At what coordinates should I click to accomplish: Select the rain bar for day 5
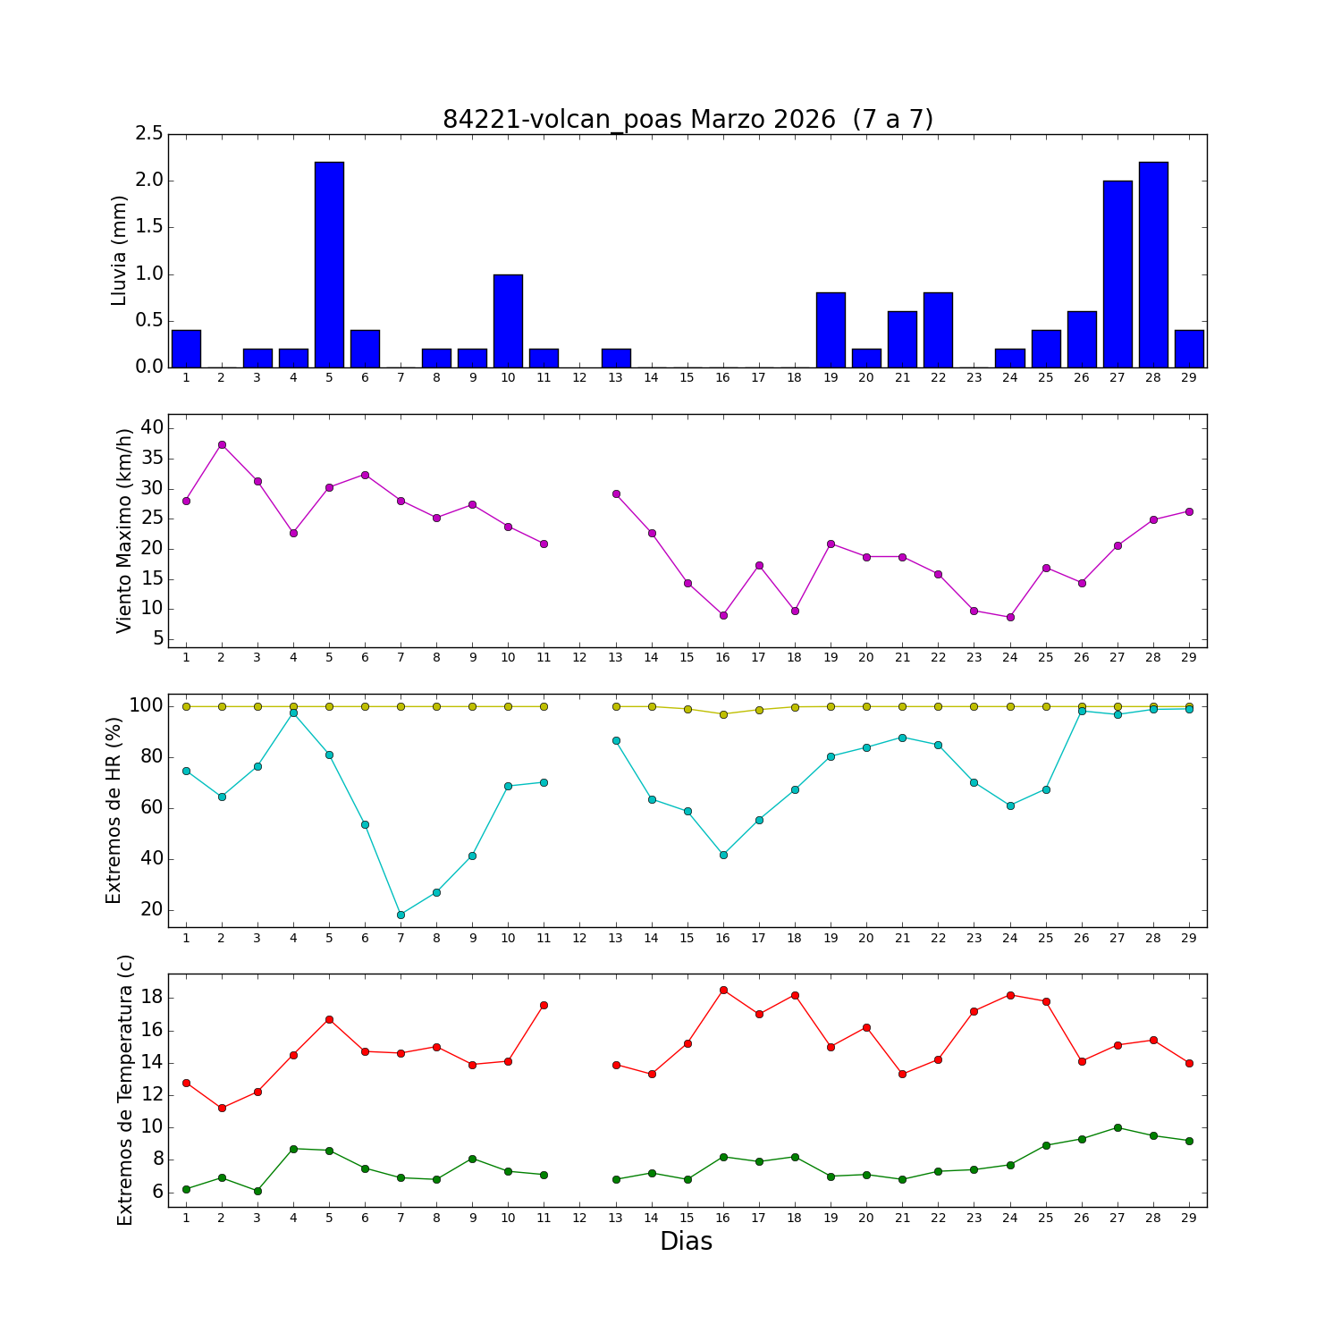(329, 265)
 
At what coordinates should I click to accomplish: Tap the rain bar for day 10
(508, 321)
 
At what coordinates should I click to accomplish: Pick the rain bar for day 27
(1117, 274)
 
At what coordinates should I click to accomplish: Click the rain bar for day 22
(938, 330)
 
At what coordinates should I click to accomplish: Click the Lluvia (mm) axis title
(120, 250)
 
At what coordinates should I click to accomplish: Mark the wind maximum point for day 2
(222, 444)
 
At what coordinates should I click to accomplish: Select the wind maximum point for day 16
(723, 615)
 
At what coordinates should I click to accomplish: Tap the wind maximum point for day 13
(616, 493)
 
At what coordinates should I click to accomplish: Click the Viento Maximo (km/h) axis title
(124, 531)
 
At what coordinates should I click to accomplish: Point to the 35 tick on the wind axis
(152, 459)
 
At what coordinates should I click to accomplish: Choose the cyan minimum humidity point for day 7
(401, 915)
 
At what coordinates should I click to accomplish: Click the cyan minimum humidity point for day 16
(723, 855)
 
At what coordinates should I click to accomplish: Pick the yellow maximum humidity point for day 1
(186, 706)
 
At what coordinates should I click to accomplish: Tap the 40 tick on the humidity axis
(152, 859)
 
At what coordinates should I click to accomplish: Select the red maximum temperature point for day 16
(723, 990)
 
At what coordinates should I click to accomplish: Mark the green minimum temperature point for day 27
(1117, 1127)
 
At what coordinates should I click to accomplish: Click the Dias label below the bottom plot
(686, 1242)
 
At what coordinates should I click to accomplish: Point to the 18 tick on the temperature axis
(154, 998)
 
